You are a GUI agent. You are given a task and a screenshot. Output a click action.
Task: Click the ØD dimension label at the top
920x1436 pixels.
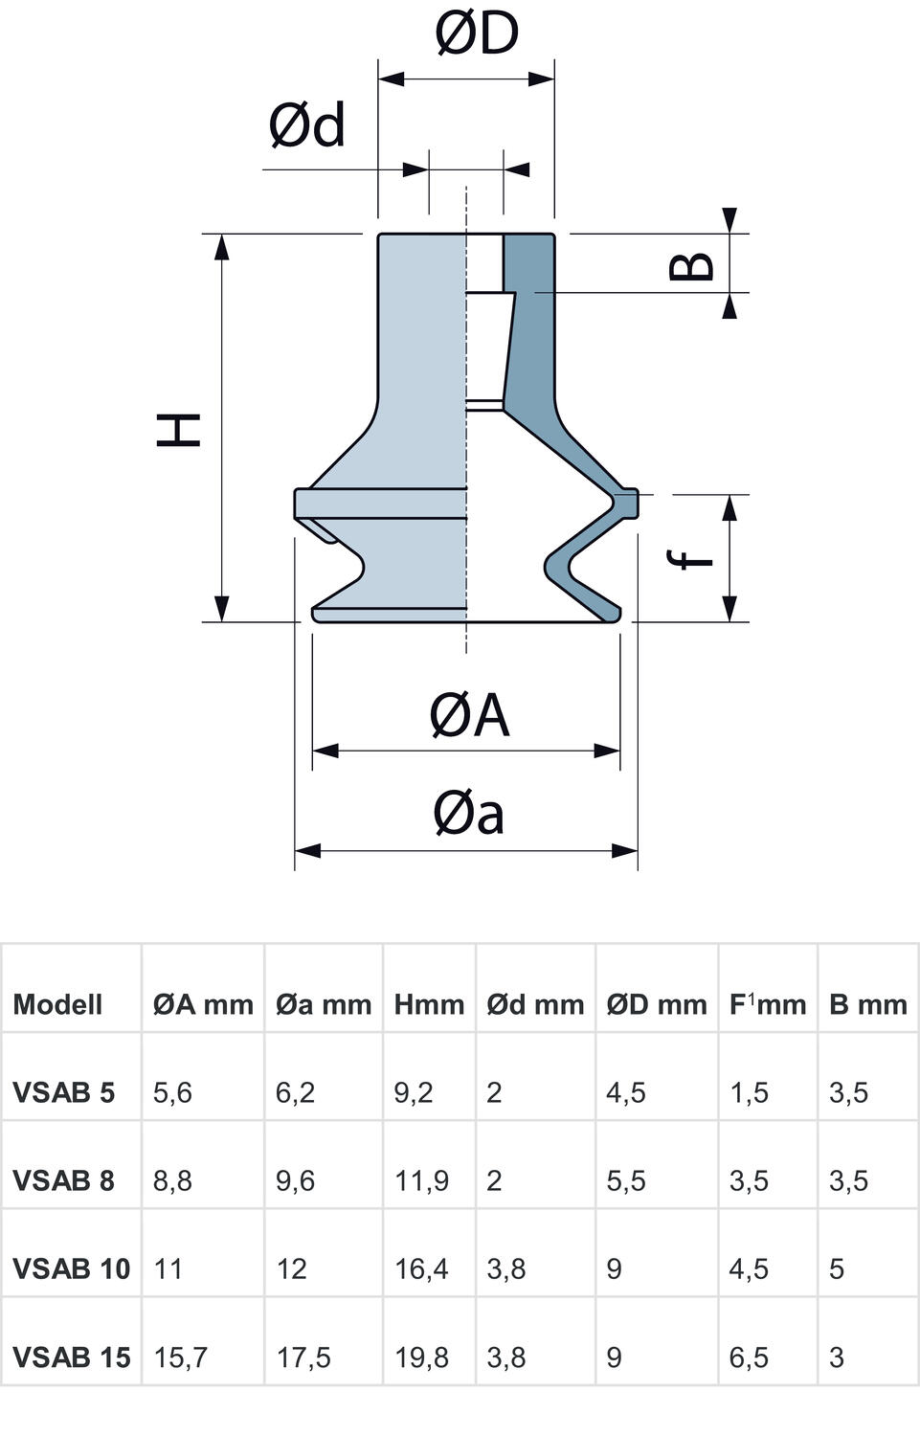tap(477, 33)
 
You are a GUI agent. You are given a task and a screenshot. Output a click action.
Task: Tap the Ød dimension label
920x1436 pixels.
tap(306, 125)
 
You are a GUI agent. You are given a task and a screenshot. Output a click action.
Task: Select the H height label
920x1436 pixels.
tap(179, 430)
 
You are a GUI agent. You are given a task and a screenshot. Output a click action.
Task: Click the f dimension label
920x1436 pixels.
tap(693, 558)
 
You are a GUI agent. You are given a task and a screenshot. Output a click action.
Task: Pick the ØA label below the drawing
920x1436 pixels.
tap(469, 715)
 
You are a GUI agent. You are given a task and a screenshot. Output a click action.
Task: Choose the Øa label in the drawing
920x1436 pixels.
tap(468, 814)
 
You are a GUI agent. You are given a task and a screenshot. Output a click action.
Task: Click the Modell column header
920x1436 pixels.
tap(57, 1004)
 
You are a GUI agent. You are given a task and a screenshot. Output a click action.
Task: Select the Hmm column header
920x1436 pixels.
tap(429, 1004)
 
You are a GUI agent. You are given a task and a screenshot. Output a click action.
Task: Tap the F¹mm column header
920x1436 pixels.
tap(768, 1004)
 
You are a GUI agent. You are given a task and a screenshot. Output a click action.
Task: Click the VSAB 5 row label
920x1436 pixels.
tap(63, 1092)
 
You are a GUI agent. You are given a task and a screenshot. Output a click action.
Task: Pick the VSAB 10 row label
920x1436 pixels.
tap(71, 1268)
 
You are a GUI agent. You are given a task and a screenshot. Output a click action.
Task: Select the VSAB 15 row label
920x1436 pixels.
tap(71, 1357)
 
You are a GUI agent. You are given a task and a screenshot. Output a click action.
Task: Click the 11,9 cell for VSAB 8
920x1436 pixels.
tap(421, 1180)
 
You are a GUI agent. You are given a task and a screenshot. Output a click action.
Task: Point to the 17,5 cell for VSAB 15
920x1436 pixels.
tap(303, 1357)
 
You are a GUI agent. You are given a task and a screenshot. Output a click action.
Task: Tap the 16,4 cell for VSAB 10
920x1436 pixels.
tap(421, 1268)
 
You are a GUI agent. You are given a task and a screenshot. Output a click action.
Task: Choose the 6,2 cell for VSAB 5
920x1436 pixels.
tap(295, 1092)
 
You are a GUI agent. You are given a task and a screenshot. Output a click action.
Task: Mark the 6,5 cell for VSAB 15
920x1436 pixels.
tap(749, 1357)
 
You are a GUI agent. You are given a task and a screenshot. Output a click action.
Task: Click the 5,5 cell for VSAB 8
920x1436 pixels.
tap(626, 1180)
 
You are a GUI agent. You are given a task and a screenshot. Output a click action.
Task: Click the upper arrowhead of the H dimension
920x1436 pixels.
tap(222, 246)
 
